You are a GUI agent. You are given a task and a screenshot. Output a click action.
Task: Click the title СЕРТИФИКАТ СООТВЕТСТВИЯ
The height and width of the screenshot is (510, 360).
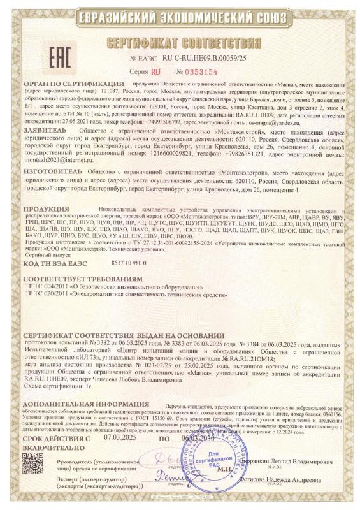coord(181,43)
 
